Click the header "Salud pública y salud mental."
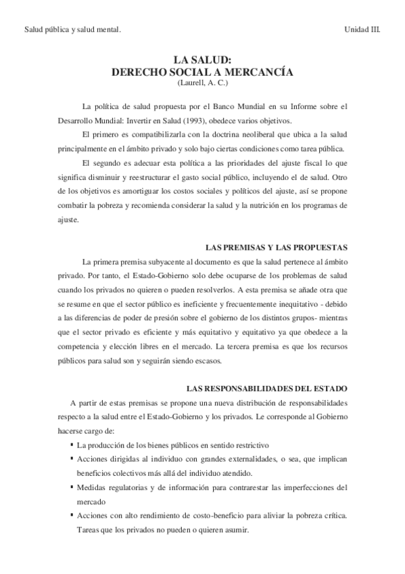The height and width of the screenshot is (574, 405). point(72,29)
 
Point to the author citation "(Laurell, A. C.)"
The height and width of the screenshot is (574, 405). point(203,83)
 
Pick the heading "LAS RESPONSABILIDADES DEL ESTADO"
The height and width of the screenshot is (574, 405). point(266,388)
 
